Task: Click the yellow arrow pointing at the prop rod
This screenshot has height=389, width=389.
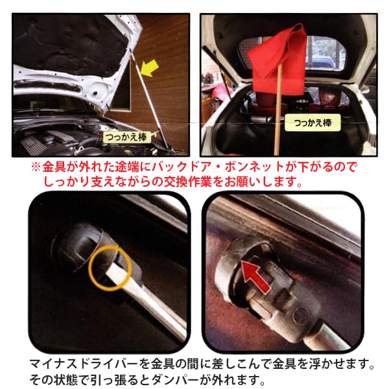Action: click(148, 67)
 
